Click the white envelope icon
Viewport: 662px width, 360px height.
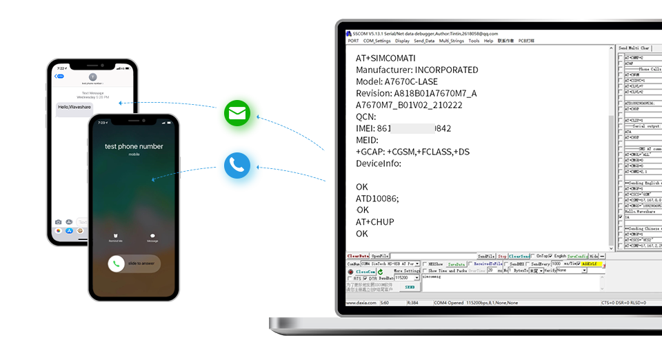(x=237, y=113)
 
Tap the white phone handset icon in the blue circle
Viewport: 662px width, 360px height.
(x=237, y=165)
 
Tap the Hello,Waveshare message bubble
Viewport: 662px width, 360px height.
(x=74, y=107)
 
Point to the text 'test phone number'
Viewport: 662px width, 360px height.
(x=134, y=146)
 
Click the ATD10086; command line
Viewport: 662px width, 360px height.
(x=377, y=199)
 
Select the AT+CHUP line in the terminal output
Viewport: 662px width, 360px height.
(x=374, y=222)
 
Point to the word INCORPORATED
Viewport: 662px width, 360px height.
(x=446, y=70)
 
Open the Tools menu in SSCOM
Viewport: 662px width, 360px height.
(x=474, y=41)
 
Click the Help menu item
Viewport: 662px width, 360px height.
(x=488, y=41)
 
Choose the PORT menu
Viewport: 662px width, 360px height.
(x=353, y=41)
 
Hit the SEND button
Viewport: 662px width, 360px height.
(x=410, y=287)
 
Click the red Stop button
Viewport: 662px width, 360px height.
(x=502, y=256)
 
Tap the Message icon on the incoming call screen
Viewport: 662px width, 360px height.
(x=152, y=237)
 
